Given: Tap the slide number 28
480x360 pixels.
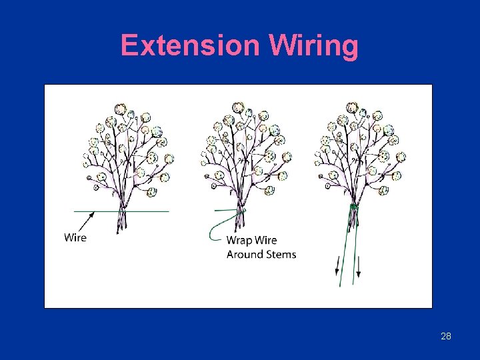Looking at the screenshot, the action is point(446,336).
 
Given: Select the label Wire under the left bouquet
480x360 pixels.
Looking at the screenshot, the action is point(75,237).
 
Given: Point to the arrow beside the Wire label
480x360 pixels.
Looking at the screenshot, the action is point(85,221).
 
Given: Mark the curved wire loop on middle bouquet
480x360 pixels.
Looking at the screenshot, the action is point(217,227).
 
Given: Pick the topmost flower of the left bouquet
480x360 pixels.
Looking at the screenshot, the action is point(120,109).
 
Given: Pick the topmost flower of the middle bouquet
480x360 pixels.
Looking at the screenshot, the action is point(238,108).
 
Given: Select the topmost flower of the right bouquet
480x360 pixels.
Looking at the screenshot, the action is point(352,108).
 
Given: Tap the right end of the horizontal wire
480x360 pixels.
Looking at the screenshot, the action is point(168,211).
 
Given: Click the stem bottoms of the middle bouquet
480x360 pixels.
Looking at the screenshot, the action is point(237,227).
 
